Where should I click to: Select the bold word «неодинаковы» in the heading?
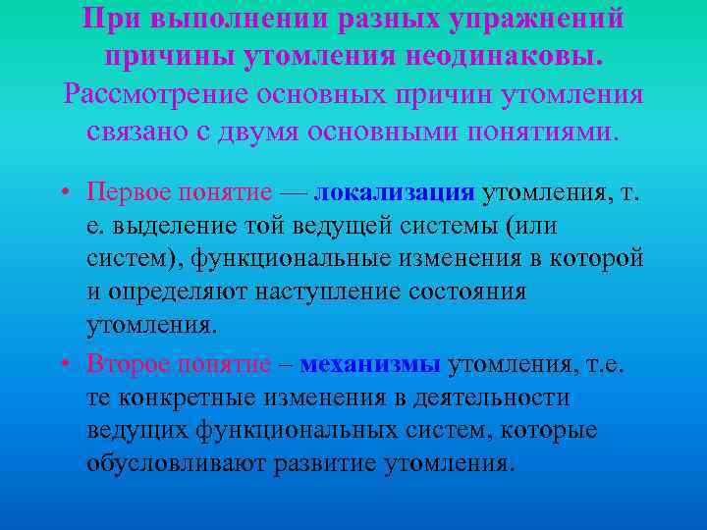(500, 57)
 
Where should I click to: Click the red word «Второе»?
(127, 363)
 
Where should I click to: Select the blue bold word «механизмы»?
(370, 363)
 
